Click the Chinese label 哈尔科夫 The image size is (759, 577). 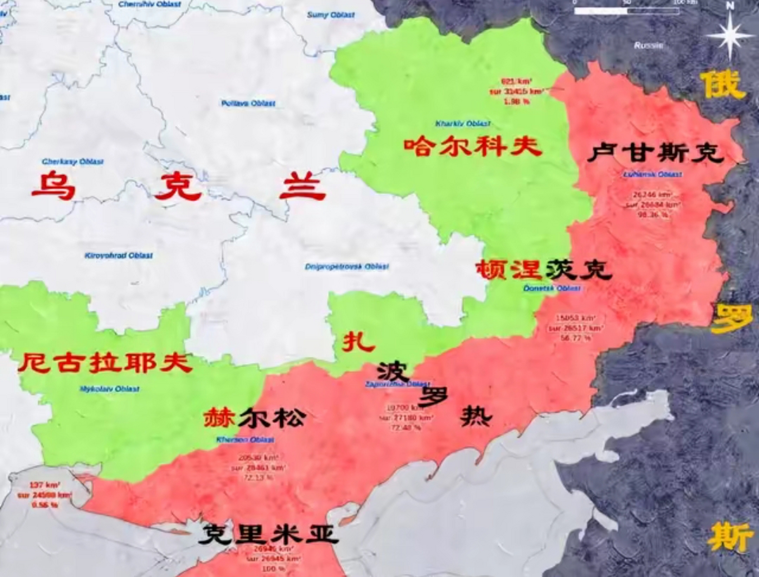472,147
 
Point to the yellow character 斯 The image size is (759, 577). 729,537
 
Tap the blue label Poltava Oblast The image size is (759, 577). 248,104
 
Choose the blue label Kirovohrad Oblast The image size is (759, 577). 119,256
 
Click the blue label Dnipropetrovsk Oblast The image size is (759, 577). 347,266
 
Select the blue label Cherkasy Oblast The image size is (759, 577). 73,161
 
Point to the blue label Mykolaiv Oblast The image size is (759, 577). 110,389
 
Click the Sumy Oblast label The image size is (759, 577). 330,15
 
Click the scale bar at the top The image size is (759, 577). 626,10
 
